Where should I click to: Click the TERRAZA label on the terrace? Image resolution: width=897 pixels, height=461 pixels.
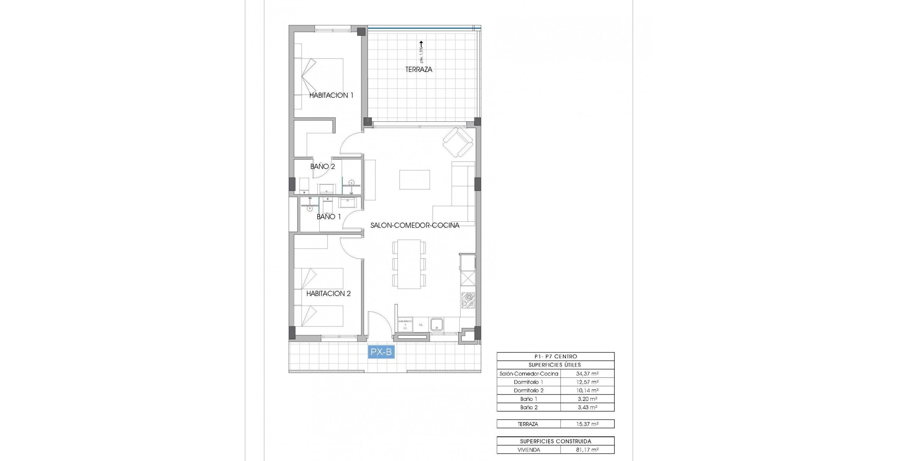tap(419, 70)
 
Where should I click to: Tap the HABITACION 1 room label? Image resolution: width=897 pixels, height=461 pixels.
tap(331, 95)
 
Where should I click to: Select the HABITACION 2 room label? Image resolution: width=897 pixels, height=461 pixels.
tap(328, 294)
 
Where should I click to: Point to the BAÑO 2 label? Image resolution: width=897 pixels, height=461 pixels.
tap(322, 167)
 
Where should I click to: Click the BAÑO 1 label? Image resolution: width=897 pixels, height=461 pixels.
tap(329, 217)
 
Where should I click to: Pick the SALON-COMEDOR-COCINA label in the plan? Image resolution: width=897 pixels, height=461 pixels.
tap(415, 225)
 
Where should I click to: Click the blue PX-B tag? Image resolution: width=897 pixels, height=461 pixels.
tap(381, 352)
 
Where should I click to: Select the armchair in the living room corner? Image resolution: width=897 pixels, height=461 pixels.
tap(458, 142)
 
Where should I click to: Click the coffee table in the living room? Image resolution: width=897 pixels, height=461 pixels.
tap(414, 180)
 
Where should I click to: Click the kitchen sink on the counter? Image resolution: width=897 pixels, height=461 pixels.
tap(437, 324)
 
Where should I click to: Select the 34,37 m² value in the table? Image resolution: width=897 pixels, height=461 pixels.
tap(587, 374)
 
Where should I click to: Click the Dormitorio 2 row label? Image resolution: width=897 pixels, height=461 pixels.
tap(528, 391)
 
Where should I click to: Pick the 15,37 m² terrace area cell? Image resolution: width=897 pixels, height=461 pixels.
tap(587, 424)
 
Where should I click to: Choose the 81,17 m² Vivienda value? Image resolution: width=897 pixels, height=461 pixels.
tap(587, 450)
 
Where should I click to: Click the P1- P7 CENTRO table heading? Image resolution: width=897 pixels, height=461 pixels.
tap(555, 357)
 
